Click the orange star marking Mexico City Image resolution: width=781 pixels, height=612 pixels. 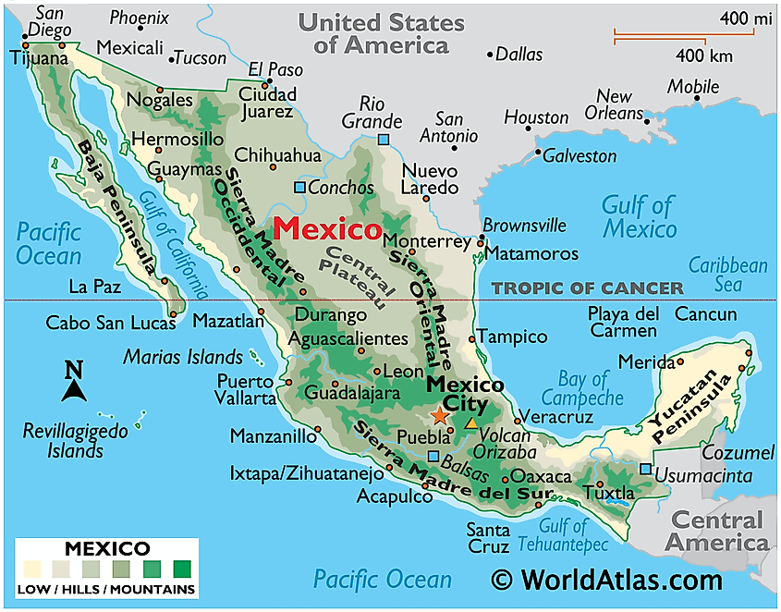[x=439, y=417]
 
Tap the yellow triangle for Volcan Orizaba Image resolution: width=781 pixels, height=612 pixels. [x=472, y=422]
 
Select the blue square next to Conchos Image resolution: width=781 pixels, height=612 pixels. [x=299, y=188]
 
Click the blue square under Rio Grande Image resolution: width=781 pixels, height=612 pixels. [x=384, y=140]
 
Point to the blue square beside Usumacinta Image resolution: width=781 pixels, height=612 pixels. [x=645, y=469]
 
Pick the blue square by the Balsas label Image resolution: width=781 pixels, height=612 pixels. [x=433, y=456]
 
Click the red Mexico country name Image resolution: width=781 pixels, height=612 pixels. [x=329, y=228]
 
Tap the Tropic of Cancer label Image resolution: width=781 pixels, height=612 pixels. [x=587, y=288]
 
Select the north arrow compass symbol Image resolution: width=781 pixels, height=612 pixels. [x=74, y=382]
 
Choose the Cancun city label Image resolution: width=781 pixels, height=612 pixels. [x=706, y=314]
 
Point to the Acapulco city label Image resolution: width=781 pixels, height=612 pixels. [x=395, y=496]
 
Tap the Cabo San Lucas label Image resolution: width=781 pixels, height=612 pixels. [x=110, y=324]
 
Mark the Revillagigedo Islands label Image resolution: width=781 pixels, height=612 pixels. [x=64, y=440]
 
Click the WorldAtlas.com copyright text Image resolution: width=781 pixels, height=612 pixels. [x=605, y=581]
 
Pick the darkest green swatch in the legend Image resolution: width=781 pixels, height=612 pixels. [x=182, y=567]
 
